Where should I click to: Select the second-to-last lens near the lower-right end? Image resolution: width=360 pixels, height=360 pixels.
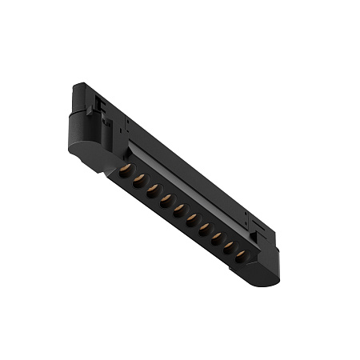tap(228, 246)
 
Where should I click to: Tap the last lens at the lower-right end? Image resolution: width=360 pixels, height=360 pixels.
tap(240, 256)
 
